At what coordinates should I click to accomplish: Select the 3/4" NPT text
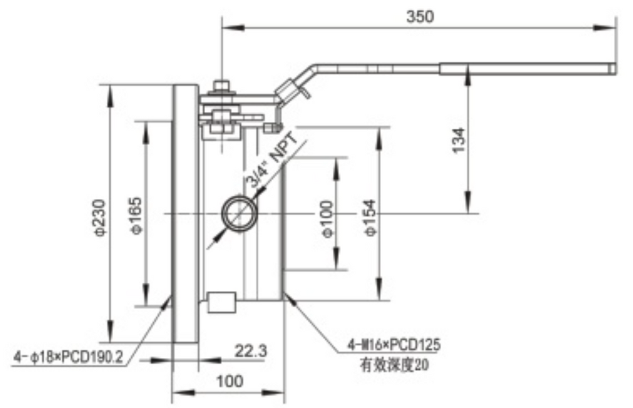[272, 162]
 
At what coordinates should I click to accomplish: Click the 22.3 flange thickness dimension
[251, 351]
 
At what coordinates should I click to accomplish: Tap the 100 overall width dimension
[230, 382]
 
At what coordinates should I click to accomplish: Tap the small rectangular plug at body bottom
[221, 302]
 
